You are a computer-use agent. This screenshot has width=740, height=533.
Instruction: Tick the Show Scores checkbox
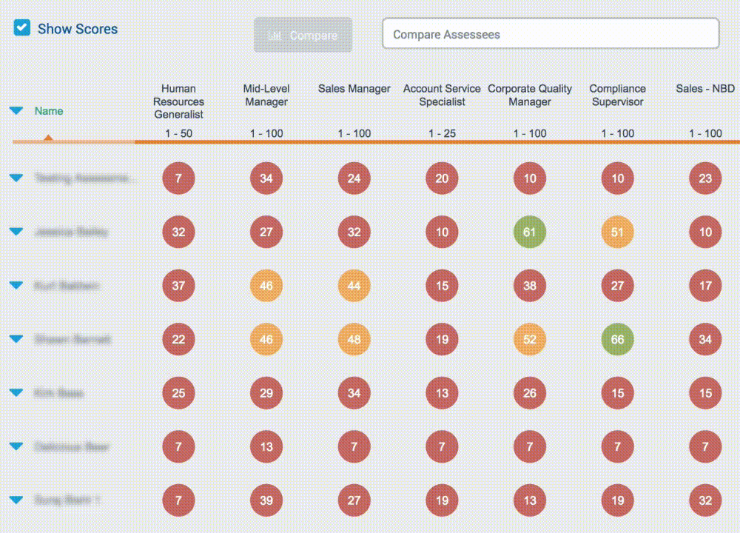[x=23, y=29]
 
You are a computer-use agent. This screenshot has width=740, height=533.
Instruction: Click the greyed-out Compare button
[x=303, y=36]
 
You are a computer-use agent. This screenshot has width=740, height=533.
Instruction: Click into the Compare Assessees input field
[x=550, y=34]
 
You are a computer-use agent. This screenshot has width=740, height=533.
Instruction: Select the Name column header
[x=49, y=111]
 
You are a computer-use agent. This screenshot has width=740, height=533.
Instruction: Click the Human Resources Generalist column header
[x=178, y=101]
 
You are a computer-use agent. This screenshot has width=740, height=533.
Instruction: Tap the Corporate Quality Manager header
[x=530, y=95]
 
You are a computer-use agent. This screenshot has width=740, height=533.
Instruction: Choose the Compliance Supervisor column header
[x=618, y=95]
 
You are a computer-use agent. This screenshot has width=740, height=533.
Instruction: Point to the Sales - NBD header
[x=705, y=89]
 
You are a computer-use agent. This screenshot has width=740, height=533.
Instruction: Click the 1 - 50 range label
[x=178, y=133]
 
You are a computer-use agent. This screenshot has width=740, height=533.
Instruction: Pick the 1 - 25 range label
[x=442, y=133]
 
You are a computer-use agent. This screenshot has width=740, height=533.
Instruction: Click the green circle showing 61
[x=530, y=232]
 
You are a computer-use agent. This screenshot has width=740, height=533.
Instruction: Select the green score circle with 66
[x=618, y=340]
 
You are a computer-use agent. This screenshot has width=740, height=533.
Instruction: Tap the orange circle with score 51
[x=618, y=232]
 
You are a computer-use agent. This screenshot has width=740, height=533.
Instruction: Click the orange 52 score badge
[x=530, y=340]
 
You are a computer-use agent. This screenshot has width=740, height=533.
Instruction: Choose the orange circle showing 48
[x=354, y=340]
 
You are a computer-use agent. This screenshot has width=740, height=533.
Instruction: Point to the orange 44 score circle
[x=354, y=286]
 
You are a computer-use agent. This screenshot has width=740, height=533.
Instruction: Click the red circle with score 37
[x=178, y=286]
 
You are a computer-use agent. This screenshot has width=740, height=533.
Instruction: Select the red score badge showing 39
[x=266, y=500]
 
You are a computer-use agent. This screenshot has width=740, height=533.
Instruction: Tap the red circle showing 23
[x=705, y=178]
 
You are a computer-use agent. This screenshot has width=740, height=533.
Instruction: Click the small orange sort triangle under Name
[x=48, y=137]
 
